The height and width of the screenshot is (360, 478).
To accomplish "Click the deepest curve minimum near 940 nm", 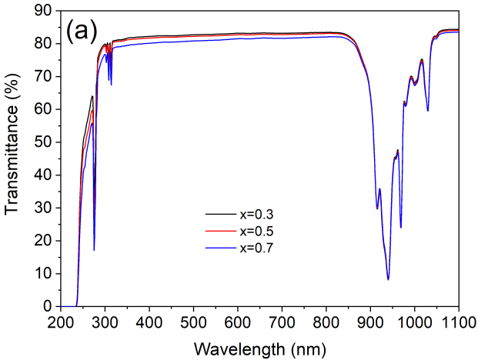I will (388, 278).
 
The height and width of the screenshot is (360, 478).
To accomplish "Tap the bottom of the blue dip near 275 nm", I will (94, 249).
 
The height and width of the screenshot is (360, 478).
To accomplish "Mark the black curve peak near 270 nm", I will (92, 96).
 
